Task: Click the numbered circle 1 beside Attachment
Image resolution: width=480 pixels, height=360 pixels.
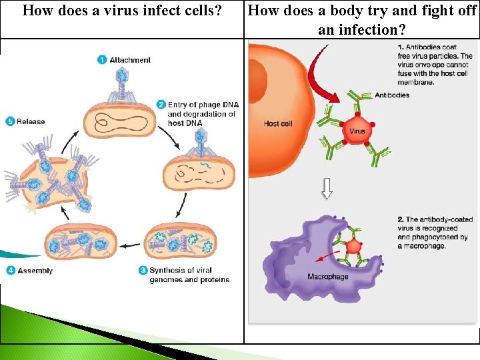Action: tap(102, 60)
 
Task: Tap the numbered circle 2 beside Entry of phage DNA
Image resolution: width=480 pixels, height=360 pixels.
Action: tap(161, 105)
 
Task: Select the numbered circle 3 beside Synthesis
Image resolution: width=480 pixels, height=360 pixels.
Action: tap(143, 270)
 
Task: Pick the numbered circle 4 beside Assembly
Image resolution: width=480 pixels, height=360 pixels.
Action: tap(11, 271)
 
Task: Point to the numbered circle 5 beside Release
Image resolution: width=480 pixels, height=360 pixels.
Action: tap(9, 121)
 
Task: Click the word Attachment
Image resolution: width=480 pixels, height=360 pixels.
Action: tap(130, 60)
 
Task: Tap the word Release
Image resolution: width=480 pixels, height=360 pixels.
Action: tap(31, 121)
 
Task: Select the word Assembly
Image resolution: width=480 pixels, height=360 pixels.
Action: tap(35, 271)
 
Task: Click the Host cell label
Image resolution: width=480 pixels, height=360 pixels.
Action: tap(278, 123)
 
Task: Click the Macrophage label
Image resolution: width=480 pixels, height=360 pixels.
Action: tap(327, 276)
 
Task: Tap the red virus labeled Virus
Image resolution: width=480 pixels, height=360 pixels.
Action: tap(357, 131)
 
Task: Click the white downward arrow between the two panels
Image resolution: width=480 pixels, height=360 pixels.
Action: tap(327, 189)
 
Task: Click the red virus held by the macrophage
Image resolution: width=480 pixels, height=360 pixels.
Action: tap(354, 247)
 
